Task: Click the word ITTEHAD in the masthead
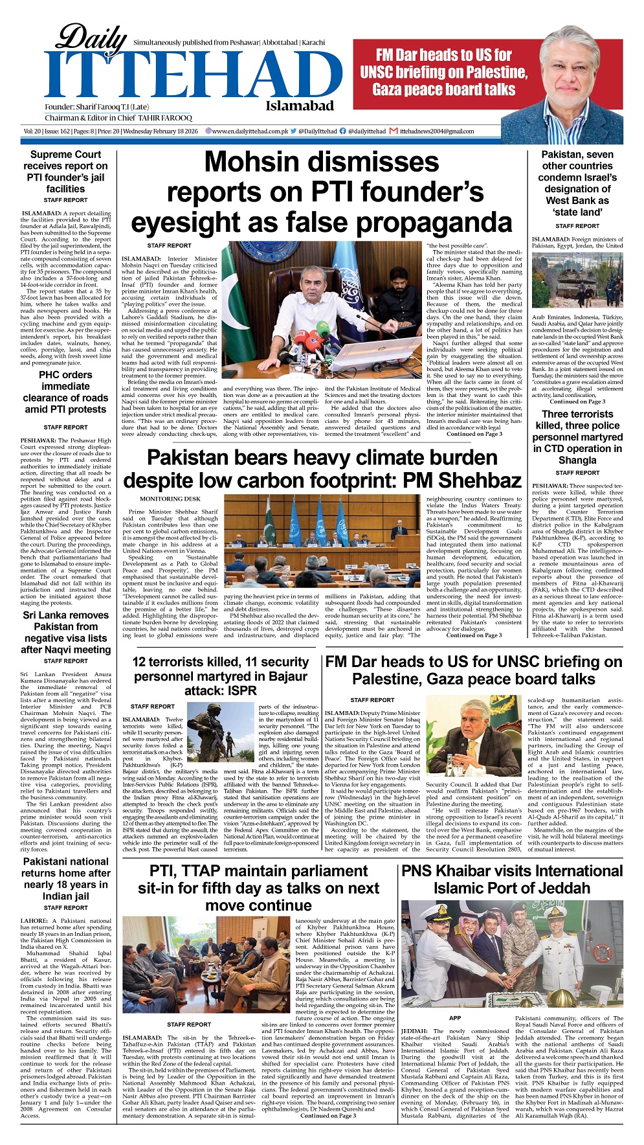point(184,76)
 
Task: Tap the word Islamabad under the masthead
point(299,106)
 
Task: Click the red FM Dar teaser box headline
point(443,73)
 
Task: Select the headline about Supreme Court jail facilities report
point(65,172)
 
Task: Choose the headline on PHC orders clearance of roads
point(65,392)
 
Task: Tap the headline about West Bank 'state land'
point(577,183)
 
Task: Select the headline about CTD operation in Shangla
point(577,437)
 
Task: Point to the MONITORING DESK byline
point(170,499)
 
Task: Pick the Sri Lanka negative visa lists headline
point(65,632)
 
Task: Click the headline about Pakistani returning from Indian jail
point(65,879)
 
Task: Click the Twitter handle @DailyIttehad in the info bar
point(318,131)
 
